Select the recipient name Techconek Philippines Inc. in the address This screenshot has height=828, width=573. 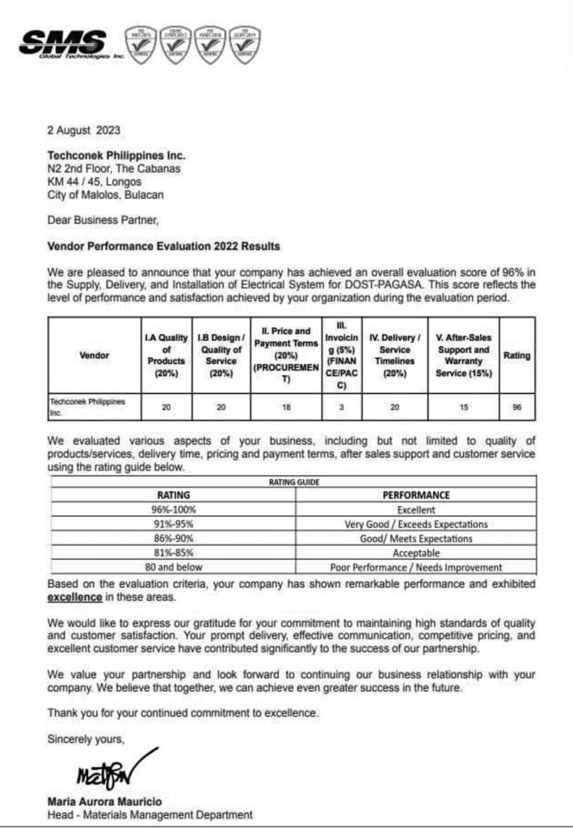116,155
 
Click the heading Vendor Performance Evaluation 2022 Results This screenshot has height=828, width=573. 162,246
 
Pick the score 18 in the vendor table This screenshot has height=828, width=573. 286,408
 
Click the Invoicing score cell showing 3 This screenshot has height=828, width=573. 341,408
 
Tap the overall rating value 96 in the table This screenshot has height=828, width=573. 516,408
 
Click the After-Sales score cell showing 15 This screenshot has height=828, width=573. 463,408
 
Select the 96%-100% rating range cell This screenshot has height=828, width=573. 172,509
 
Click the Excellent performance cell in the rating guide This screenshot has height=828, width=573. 415,509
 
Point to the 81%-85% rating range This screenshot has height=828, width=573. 172,553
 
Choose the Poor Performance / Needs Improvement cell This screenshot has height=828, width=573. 415,568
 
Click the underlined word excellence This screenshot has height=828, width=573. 75,597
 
